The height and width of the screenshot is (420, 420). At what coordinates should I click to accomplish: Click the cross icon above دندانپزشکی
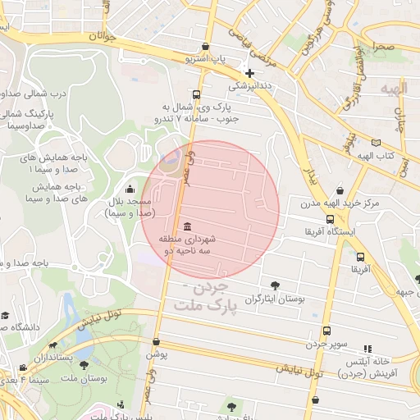coord(249,72)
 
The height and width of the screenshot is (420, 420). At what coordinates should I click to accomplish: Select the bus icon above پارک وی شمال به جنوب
coord(195,94)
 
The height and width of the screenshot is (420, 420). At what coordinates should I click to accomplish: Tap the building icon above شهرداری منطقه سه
coord(188,226)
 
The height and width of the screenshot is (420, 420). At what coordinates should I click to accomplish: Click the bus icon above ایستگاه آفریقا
coord(330,219)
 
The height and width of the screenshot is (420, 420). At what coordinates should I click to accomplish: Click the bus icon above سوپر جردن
coord(326,331)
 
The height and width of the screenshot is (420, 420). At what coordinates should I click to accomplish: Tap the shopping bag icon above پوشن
coord(156,342)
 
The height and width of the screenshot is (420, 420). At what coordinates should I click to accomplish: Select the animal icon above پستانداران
coord(54,346)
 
